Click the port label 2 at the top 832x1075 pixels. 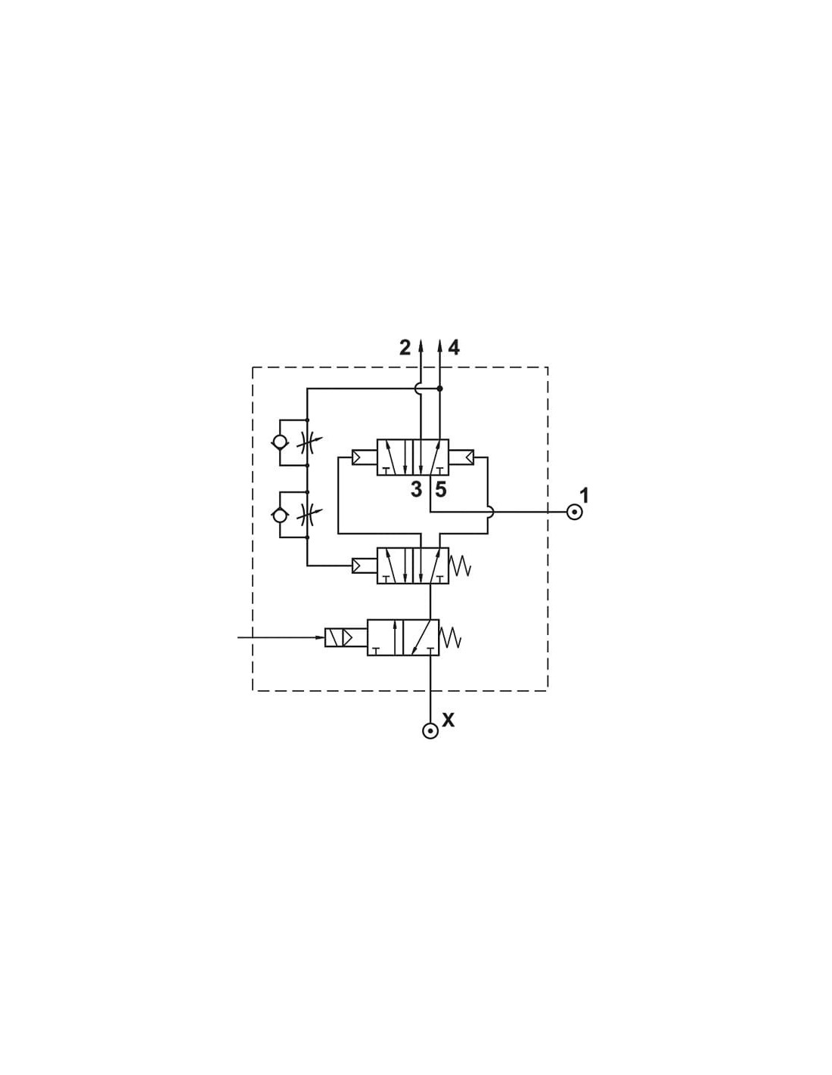point(405,349)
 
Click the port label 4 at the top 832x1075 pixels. point(454,349)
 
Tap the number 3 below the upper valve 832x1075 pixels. point(416,490)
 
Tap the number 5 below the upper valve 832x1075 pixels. point(440,490)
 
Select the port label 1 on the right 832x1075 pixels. point(584,495)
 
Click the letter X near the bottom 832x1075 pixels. point(448,720)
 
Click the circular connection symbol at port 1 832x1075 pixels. point(573,512)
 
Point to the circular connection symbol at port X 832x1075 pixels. point(430,731)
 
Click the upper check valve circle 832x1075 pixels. point(280,442)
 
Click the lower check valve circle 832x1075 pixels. point(280,515)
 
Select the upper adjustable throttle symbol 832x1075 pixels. point(308,442)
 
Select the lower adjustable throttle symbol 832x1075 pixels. point(308,515)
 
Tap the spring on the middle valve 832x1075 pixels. point(459,565)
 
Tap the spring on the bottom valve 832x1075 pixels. point(450,637)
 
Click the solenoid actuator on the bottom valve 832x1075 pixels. point(346,637)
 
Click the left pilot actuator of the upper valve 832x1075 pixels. point(365,457)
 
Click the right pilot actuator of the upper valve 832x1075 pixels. point(461,457)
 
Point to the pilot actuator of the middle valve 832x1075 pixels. point(365,565)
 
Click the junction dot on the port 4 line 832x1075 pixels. point(440,389)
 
